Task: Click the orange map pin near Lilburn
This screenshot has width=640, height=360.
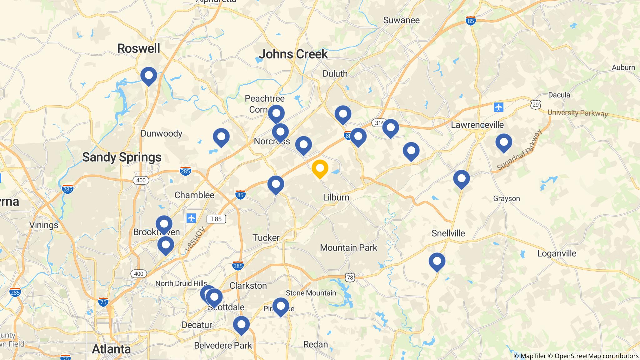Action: tap(320, 168)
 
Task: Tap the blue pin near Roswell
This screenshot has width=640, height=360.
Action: tap(148, 76)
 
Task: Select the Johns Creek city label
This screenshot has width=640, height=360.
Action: tap(293, 54)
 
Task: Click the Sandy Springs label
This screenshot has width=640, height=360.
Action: tap(122, 157)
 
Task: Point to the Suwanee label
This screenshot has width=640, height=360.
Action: tap(401, 20)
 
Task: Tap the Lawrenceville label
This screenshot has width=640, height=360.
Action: tap(477, 125)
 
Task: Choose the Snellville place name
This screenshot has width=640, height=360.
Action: tap(448, 233)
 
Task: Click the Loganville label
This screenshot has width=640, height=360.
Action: tap(557, 253)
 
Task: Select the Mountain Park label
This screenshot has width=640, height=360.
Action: tap(349, 248)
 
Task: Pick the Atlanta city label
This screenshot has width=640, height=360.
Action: tap(111, 349)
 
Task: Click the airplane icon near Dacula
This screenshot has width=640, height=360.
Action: tap(499, 107)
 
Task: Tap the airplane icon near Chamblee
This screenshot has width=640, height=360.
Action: tap(191, 218)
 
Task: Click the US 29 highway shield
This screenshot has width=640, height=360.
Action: tap(536, 105)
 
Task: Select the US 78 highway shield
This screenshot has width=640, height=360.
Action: tap(350, 277)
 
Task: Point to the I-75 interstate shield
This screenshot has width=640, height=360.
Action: tap(103, 302)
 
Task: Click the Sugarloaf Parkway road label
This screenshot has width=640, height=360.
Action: tap(519, 151)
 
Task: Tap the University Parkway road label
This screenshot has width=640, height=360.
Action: tap(577, 113)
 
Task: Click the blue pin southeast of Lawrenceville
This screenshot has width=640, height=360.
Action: tap(504, 142)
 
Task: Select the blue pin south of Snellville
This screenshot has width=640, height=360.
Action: tap(437, 261)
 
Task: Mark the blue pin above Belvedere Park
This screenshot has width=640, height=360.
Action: tap(241, 325)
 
